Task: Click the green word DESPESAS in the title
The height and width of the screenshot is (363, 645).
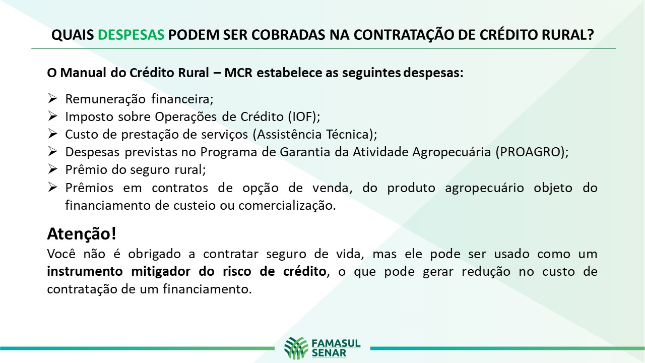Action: (131, 35)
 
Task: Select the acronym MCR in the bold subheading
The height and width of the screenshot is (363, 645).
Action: (238, 73)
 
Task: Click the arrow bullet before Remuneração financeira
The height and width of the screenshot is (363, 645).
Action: (52, 98)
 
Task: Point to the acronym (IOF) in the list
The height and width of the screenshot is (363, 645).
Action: (304, 116)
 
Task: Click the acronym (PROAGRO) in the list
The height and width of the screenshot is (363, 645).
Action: (532, 152)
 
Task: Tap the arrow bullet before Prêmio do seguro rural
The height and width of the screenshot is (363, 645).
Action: (52, 169)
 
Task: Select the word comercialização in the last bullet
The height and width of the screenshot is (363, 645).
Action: (287, 206)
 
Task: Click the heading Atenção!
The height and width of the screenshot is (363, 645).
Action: (82, 233)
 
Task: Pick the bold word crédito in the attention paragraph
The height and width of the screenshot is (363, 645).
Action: (305, 271)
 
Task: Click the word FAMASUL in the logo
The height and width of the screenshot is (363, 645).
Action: (336, 343)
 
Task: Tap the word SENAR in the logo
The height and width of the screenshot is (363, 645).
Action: (329, 353)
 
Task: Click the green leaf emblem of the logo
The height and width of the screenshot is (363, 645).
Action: (296, 348)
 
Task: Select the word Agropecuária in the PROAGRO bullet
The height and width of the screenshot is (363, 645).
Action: (451, 152)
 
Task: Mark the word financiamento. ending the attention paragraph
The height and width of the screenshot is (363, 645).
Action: (207, 289)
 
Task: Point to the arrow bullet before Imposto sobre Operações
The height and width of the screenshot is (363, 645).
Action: (52, 116)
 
